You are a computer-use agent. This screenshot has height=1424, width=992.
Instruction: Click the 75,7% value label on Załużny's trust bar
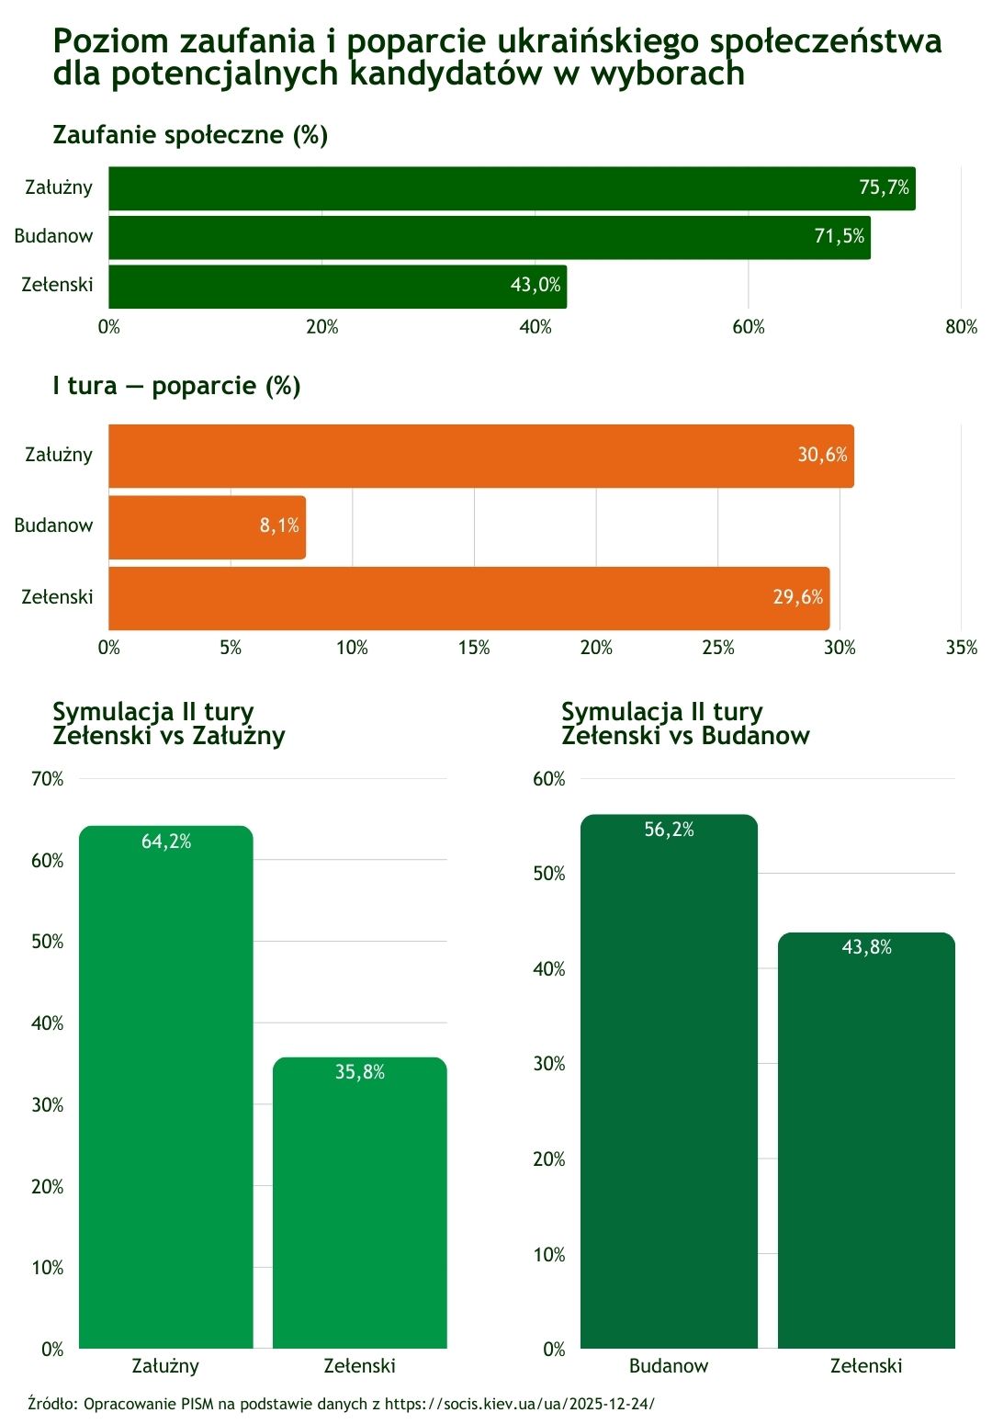[x=884, y=187]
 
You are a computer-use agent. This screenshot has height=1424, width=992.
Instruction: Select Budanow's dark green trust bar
[x=489, y=237]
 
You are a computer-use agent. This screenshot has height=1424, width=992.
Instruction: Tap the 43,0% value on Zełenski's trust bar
[x=535, y=285]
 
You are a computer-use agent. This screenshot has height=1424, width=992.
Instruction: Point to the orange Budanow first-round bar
[x=207, y=526]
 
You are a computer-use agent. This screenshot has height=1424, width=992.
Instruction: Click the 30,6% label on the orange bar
[x=822, y=455]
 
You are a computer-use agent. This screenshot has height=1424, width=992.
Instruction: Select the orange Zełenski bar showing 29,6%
[x=468, y=597]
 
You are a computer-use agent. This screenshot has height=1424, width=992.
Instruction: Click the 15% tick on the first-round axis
[x=474, y=648]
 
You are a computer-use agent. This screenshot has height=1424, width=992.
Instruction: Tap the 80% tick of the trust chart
[x=961, y=327]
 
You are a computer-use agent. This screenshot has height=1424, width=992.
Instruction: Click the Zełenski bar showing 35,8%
[x=359, y=1204]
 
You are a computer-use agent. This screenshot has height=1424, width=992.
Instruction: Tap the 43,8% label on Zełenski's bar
[x=866, y=947]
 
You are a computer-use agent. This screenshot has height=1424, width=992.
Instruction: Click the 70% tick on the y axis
[x=48, y=779]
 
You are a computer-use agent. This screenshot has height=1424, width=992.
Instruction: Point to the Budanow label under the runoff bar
[x=669, y=1366]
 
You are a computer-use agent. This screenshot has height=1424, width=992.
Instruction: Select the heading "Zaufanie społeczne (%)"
[x=190, y=135]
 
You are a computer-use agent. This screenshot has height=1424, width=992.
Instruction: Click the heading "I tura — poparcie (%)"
[x=176, y=386]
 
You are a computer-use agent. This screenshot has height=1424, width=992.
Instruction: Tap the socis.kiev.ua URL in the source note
[x=520, y=1404]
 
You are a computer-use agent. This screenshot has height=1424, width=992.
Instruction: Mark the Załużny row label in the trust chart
[x=59, y=187]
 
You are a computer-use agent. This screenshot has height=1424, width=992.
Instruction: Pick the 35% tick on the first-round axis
[x=961, y=648]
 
